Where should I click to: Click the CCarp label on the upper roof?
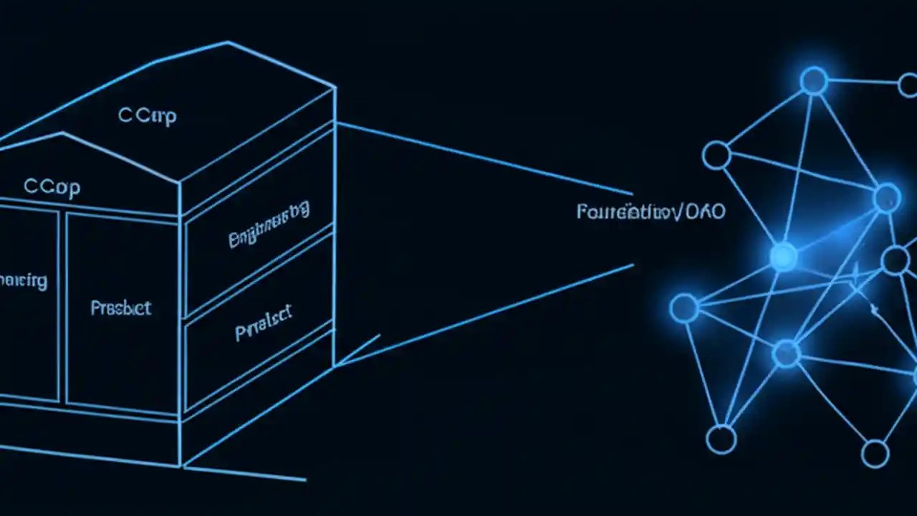pyautogui.click(x=147, y=115)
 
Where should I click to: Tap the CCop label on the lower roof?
pyautogui.click(x=52, y=187)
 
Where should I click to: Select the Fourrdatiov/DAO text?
pyautogui.click(x=650, y=211)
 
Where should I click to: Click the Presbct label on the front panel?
pyautogui.click(x=120, y=308)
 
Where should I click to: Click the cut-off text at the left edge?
pyautogui.click(x=23, y=279)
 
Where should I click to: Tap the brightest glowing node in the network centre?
pyautogui.click(x=783, y=256)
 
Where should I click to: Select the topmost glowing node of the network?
pyautogui.click(x=814, y=80)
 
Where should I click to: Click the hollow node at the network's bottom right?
pyautogui.click(x=875, y=454)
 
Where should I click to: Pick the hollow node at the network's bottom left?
pyautogui.click(x=721, y=439)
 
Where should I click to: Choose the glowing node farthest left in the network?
pyautogui.click(x=684, y=308)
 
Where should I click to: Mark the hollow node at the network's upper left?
pyautogui.click(x=716, y=155)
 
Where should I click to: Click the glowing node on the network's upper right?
pyautogui.click(x=887, y=197)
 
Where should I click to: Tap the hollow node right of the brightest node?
pyautogui.click(x=895, y=260)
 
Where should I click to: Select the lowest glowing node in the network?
pyautogui.click(x=786, y=353)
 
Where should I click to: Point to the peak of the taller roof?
pyautogui.click(x=229, y=42)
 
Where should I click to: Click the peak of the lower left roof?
pyautogui.click(x=63, y=133)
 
